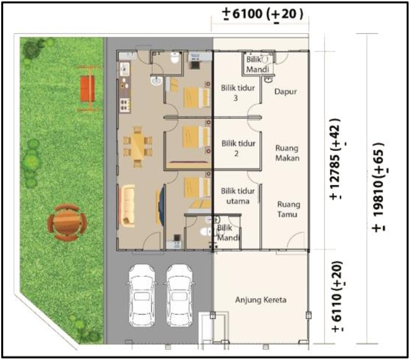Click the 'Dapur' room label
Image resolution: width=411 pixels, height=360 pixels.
(x=285, y=92)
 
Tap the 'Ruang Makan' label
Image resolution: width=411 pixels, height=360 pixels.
(x=287, y=153)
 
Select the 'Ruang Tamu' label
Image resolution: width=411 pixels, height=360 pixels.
(x=288, y=209)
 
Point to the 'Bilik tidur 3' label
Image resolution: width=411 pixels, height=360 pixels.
(x=238, y=93)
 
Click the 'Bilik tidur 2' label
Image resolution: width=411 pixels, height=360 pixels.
(x=238, y=148)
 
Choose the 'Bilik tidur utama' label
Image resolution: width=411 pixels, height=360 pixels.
(x=238, y=196)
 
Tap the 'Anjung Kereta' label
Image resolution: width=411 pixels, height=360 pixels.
(x=261, y=300)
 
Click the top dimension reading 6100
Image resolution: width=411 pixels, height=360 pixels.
(x=263, y=14)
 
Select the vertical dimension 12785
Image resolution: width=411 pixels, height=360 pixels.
(x=336, y=159)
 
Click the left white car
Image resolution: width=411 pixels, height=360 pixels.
(x=142, y=295)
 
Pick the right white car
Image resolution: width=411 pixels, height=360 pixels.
(x=179, y=295)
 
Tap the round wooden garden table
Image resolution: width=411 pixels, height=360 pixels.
(x=67, y=222)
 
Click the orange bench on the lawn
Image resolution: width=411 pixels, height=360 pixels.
(x=88, y=88)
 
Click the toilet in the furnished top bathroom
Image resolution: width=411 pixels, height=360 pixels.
(x=175, y=58)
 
